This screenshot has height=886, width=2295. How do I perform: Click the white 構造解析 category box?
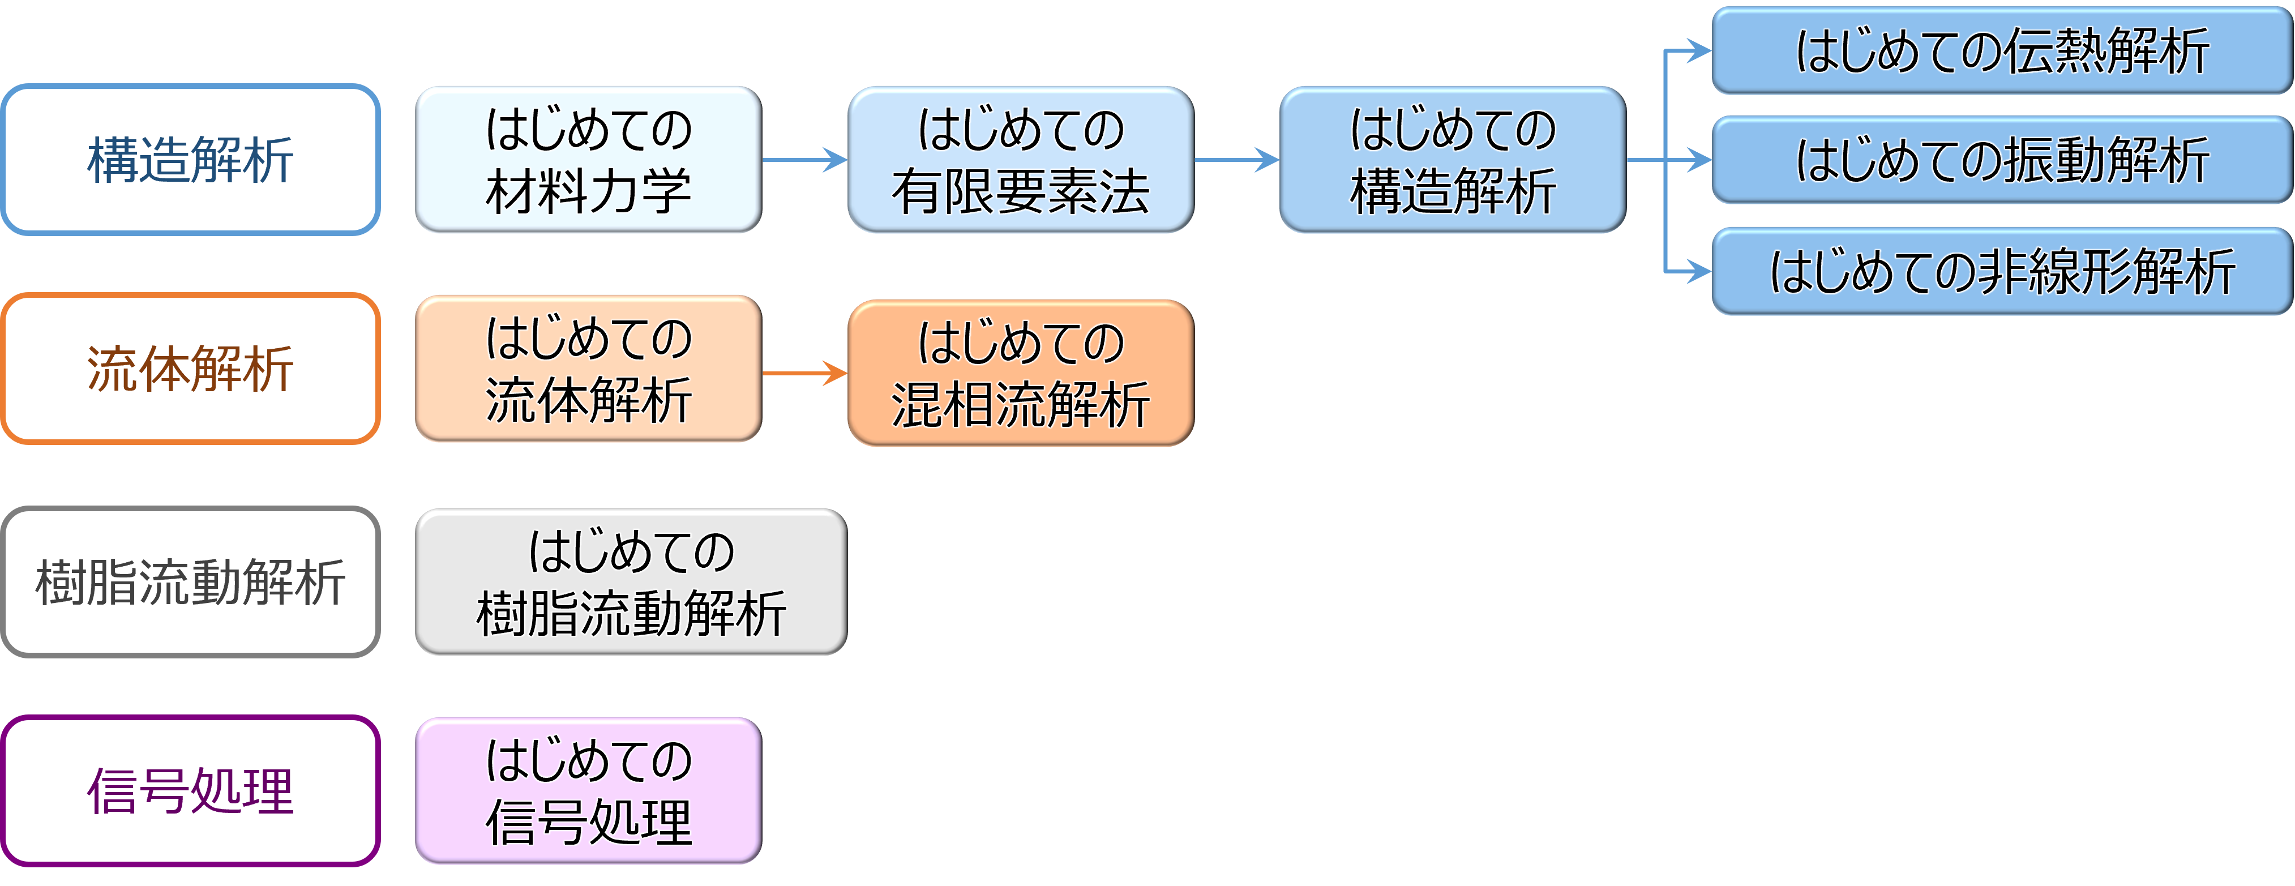[x=191, y=160]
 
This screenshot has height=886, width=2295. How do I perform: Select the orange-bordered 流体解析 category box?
[x=191, y=368]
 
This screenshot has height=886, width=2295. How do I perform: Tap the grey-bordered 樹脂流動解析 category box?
[x=191, y=582]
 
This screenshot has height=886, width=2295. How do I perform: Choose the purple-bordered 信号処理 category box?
[x=191, y=791]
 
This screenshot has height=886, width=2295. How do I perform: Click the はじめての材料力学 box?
[x=588, y=160]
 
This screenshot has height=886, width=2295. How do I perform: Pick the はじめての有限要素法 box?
[x=1020, y=160]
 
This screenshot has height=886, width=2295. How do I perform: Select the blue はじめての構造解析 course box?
[x=1452, y=160]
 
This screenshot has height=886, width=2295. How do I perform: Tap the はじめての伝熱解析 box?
[x=2001, y=51]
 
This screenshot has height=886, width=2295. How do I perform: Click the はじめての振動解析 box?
[x=2001, y=160]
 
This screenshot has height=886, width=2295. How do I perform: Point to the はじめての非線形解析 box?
[x=2001, y=271]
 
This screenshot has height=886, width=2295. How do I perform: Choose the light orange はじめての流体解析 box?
[x=588, y=368]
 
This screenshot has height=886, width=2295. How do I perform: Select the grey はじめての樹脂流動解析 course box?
[x=631, y=582]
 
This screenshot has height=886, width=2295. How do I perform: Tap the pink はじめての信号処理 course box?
[x=588, y=791]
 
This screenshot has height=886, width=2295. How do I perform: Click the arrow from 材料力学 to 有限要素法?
[x=804, y=160]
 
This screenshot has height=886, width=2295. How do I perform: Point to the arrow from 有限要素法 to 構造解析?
[x=1236, y=160]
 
